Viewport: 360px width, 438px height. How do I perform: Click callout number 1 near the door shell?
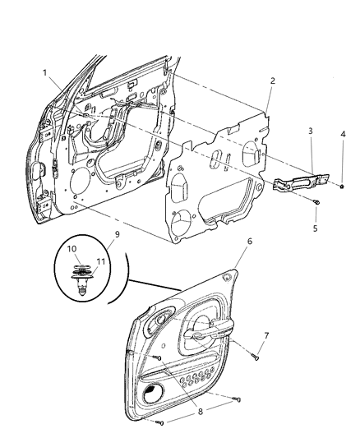(46, 73)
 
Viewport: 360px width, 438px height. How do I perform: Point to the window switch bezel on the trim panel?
(159, 322)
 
